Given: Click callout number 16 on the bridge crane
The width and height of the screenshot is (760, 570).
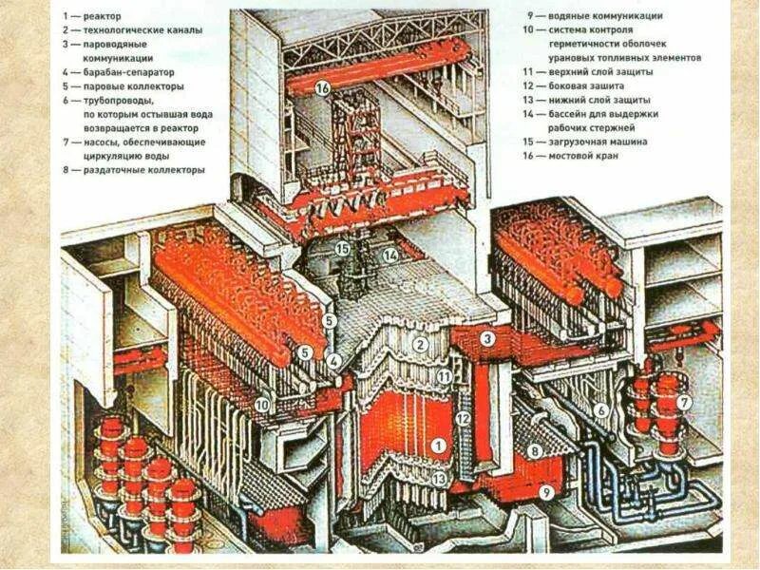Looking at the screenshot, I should pos(322,88).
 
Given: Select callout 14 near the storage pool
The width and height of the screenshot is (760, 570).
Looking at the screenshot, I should pos(389,255).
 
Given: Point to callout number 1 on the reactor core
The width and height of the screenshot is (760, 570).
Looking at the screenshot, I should pos(437,445).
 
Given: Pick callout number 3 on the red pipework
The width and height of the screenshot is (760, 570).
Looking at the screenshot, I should pos(486,337).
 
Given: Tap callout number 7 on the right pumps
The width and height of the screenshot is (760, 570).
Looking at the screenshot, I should pos(684,403).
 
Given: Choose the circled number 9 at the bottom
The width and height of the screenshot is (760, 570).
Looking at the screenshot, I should pos(544,492).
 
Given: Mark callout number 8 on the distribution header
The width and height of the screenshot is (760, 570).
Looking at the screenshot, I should pos(534,451).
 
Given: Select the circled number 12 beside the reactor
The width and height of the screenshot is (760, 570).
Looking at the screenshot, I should pos(463,418).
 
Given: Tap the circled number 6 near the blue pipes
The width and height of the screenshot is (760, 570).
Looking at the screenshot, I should pos(600,409).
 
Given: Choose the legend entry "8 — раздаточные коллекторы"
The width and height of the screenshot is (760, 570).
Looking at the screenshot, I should pos(133,170).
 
